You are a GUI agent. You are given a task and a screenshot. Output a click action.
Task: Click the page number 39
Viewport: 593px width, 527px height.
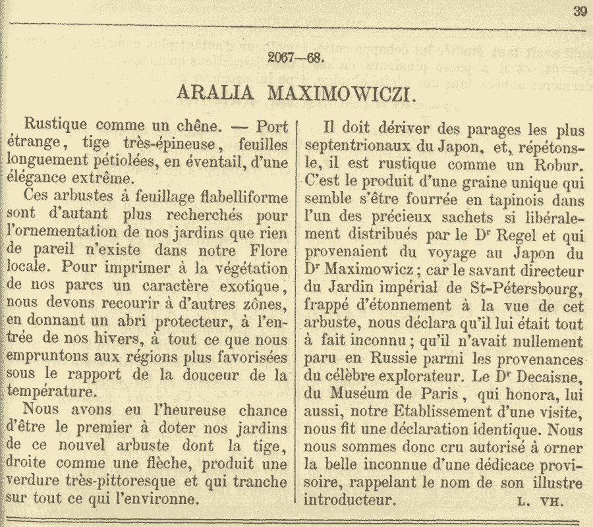coord(580,11)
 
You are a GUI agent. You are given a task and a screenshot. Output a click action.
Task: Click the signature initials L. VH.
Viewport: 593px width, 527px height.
coord(539,500)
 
